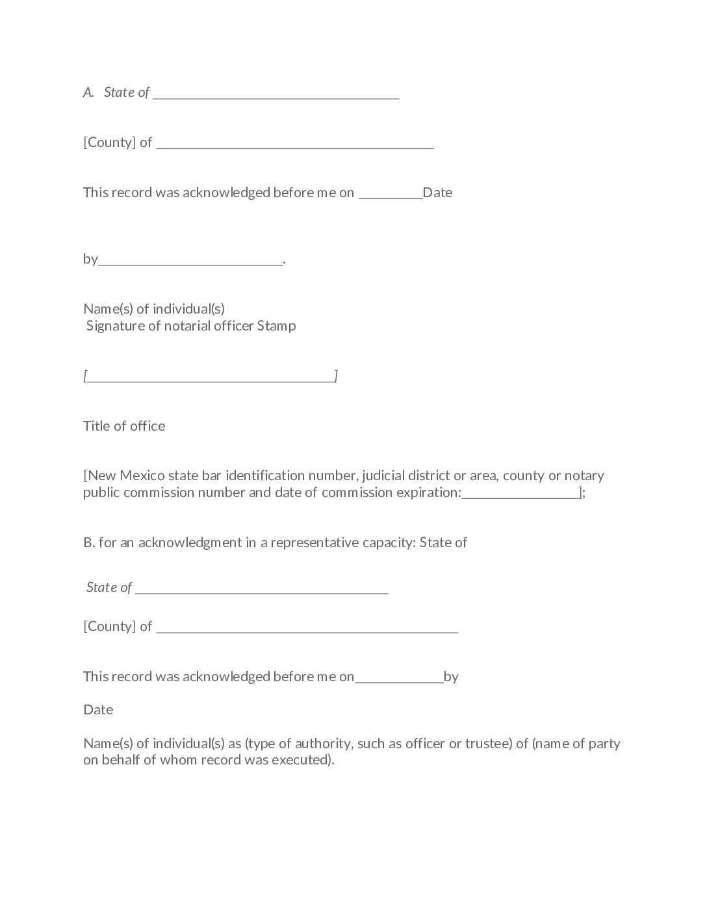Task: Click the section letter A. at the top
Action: pos(89,92)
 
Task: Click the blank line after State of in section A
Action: pos(276,96)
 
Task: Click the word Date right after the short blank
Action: pos(437,193)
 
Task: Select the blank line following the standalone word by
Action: pos(191,262)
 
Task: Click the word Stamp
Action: pos(276,326)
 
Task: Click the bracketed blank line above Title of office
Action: pos(211,379)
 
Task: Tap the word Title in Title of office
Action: pos(96,426)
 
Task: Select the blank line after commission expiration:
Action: pos(520,496)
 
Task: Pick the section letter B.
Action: pos(89,543)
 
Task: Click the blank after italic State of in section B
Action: pos(262,591)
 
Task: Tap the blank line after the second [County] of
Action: pos(307,630)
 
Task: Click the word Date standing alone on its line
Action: pos(98,710)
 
